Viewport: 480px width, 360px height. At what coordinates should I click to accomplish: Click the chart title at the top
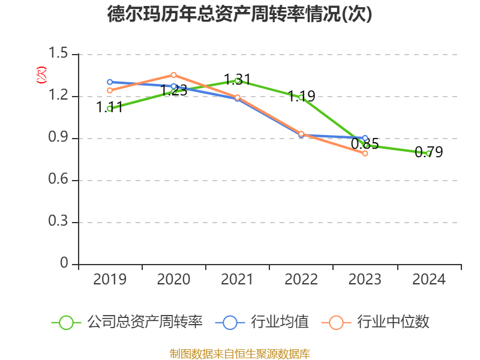coord(240,14)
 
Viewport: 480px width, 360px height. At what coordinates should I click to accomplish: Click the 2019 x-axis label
coord(110,280)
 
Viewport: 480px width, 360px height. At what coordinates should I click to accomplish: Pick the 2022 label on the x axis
coord(301,280)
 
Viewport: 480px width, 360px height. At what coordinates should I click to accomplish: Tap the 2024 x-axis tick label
coord(429,280)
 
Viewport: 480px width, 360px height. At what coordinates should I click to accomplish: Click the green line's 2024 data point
coord(429,153)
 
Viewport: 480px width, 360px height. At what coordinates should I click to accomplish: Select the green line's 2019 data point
coord(110,109)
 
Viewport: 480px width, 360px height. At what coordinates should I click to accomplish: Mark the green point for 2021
coord(238,80)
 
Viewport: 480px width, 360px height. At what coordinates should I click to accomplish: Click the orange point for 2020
coord(173,75)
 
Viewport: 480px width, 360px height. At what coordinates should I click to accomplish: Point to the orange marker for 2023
coord(365,153)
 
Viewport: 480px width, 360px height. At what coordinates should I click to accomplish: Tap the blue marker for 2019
coord(110,82)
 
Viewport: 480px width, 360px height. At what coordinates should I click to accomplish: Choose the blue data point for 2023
coord(365,138)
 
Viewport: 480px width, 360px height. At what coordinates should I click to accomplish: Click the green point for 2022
coord(301,97)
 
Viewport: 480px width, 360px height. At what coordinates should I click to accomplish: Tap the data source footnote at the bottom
coord(240,353)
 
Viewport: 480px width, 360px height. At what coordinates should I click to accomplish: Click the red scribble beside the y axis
coord(41,75)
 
